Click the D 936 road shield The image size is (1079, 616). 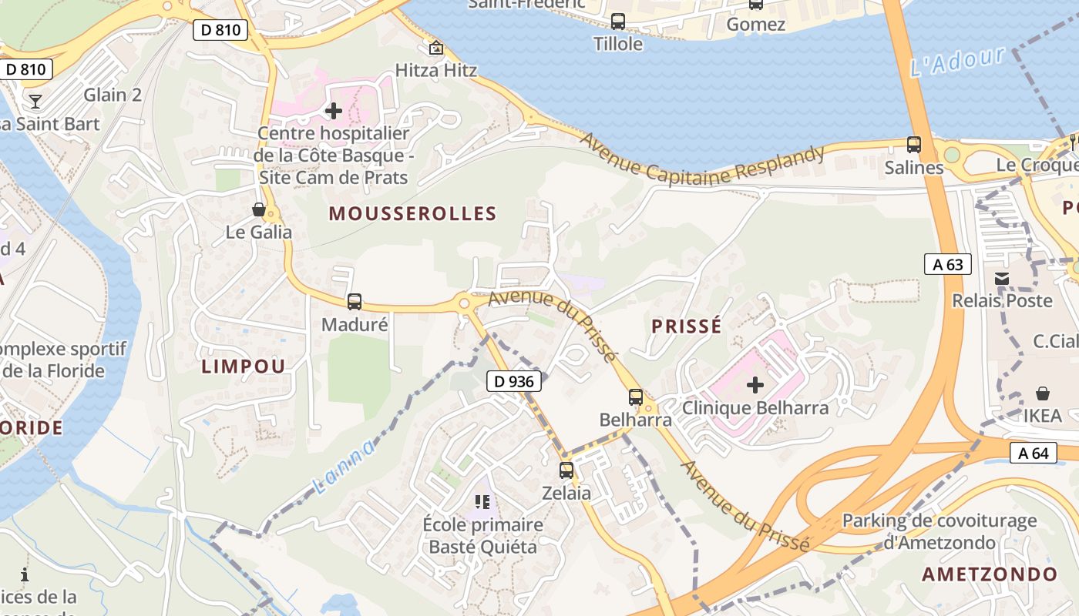tap(515, 380)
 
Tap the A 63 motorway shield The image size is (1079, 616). tap(947, 264)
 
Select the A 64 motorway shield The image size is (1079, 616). tap(1033, 453)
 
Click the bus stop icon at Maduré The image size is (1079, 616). tap(355, 302)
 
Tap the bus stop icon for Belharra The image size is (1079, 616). tap(636, 397)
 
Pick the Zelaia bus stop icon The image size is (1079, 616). tap(566, 470)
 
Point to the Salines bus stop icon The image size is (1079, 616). tap(914, 144)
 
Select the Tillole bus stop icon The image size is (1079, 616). tap(618, 22)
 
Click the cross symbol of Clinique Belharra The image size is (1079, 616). tap(755, 384)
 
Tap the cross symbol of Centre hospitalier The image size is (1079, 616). tap(334, 111)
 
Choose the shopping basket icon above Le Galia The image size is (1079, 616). tap(259, 209)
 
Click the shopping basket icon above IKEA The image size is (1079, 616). tap(1043, 393)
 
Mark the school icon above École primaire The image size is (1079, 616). tap(483, 503)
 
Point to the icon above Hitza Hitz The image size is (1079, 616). tap(436, 48)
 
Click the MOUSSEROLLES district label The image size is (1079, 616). tap(412, 213)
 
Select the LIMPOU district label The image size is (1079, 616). tap(244, 366)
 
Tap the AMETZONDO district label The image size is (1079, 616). tap(990, 574)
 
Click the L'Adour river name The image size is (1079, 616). tap(957, 62)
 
